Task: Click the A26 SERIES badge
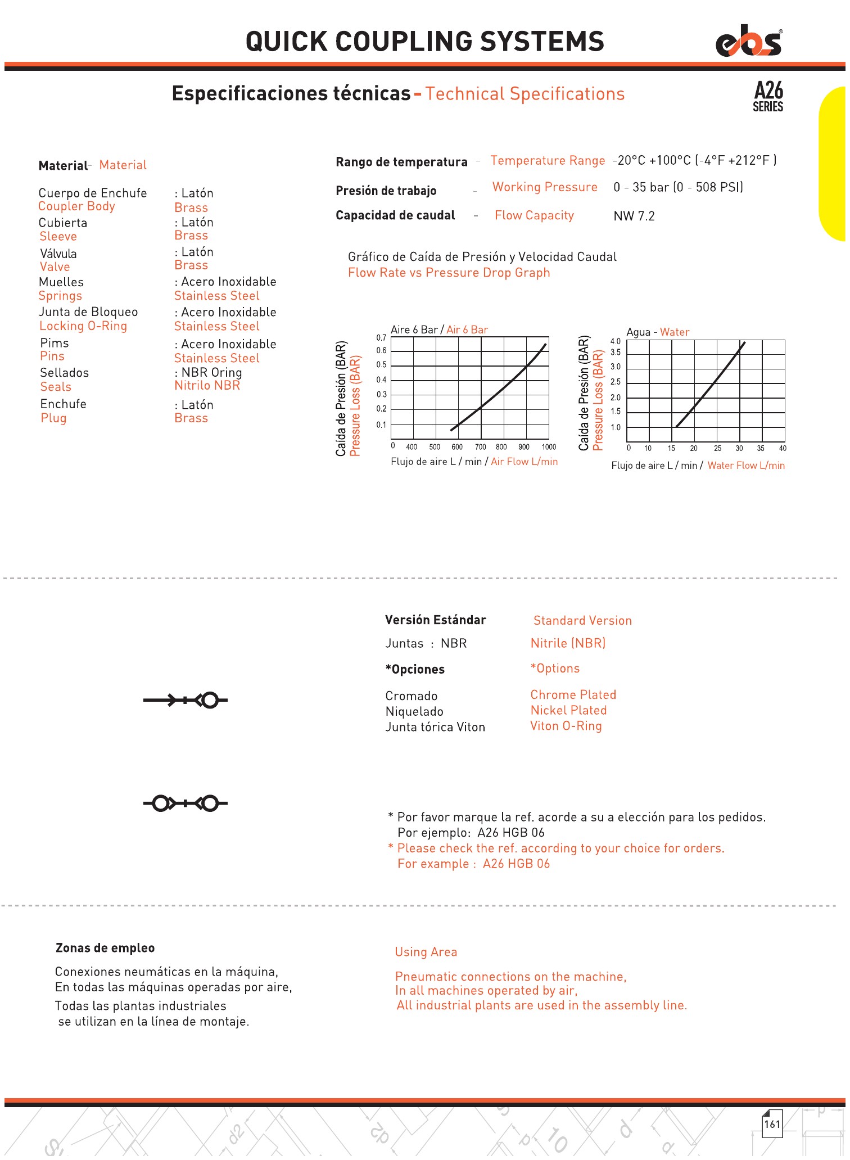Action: point(768,96)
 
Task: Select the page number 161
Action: point(772,1124)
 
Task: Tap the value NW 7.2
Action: point(634,216)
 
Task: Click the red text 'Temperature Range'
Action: point(548,161)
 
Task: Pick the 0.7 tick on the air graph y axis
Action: point(381,338)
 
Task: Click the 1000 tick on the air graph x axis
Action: point(549,447)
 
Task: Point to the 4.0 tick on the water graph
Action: point(616,341)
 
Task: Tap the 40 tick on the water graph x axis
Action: point(783,448)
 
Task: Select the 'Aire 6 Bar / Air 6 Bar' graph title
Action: point(439,330)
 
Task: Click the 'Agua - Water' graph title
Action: point(658,332)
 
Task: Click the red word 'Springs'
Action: point(60,296)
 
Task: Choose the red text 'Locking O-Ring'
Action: point(83,326)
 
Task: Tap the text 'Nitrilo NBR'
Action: point(207,386)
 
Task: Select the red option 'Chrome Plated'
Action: point(573,695)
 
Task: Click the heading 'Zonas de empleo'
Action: point(105,948)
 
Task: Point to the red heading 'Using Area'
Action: point(426,952)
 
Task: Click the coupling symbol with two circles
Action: point(186,804)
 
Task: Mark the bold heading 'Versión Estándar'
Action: point(435,620)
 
